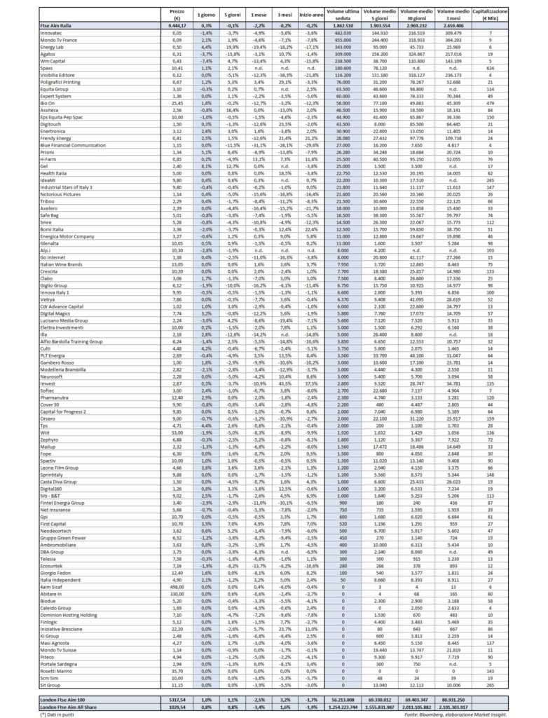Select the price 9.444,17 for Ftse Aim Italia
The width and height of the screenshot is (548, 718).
pos(173,25)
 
